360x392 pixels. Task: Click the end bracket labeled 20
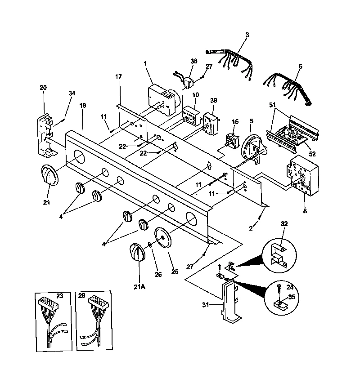pos(45,134)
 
